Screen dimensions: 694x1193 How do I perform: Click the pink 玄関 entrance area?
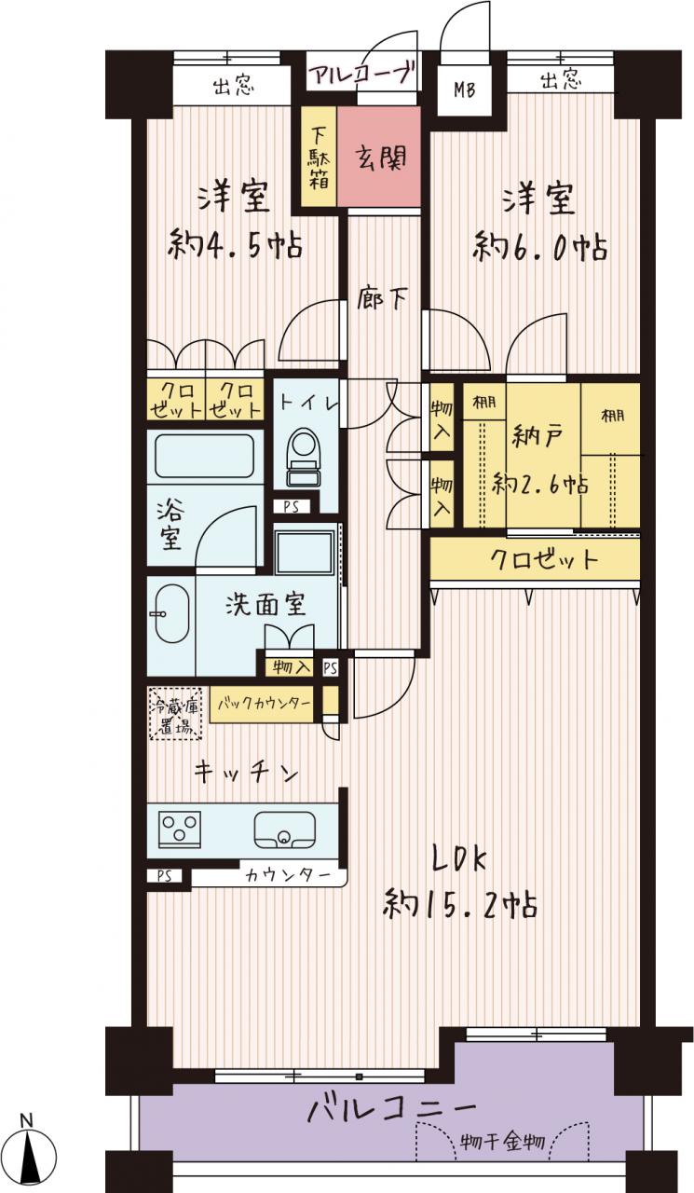pos(379,156)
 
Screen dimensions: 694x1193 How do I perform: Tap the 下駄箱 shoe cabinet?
pos(319,156)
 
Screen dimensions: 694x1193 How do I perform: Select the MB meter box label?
pos(464,90)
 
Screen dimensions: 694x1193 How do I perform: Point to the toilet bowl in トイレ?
pos(304,458)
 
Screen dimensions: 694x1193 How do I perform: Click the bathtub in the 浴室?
pos(204,457)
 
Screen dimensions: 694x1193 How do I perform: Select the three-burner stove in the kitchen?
pos(180,830)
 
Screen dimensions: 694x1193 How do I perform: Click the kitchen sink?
pos(284,830)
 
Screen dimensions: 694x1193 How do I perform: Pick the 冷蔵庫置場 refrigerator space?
pos(176,713)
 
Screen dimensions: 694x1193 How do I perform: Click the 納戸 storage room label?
pos(537,436)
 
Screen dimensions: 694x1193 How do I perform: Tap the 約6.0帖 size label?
pos(539,247)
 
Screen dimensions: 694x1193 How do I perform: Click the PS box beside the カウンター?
pos(165,876)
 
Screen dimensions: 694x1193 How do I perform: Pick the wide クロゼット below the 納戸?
pos(535,558)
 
